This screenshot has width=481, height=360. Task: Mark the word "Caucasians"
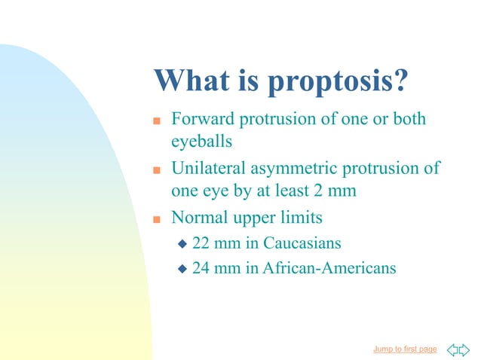click(302, 243)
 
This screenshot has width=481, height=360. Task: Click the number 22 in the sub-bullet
click(201, 243)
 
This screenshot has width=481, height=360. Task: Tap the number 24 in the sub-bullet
click(201, 267)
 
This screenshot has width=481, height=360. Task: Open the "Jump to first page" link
click(405, 349)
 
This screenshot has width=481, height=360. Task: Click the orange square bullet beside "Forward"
click(157, 121)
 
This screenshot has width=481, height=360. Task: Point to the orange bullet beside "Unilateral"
click(157, 169)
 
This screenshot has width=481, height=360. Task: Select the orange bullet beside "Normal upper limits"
click(157, 219)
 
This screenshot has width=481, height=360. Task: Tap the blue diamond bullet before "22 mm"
click(181, 244)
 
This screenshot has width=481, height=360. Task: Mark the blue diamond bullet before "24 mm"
click(181, 268)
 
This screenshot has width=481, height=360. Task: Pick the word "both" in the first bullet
click(409, 119)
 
